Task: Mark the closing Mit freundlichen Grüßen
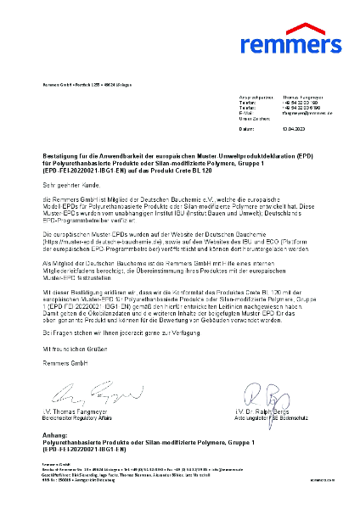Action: (76, 361)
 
